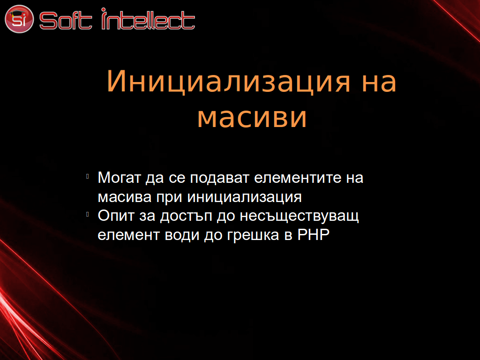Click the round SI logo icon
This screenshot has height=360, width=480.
point(19,19)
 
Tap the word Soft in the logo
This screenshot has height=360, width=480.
point(66,21)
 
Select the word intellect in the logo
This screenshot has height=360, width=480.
point(148,19)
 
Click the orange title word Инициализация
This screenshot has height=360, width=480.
point(228,82)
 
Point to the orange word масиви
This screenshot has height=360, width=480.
point(252,117)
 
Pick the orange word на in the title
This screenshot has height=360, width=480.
point(379,82)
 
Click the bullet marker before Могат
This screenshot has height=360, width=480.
point(88,176)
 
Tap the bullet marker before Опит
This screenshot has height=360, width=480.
point(88,214)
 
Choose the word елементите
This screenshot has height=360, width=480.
point(298,178)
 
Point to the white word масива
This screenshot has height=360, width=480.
point(125,197)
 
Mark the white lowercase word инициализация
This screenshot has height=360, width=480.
point(244,197)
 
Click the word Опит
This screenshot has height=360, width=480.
point(116,216)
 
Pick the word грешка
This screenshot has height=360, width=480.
point(253,236)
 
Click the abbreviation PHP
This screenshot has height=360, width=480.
point(314,234)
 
